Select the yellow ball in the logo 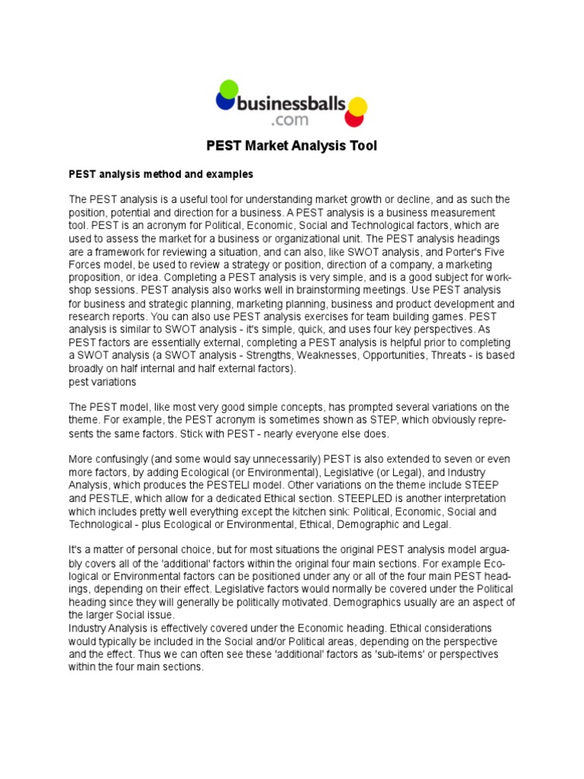[x=357, y=107]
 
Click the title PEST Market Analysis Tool [x=292, y=145]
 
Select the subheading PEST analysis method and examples [x=160, y=174]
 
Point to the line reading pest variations [x=102, y=381]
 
